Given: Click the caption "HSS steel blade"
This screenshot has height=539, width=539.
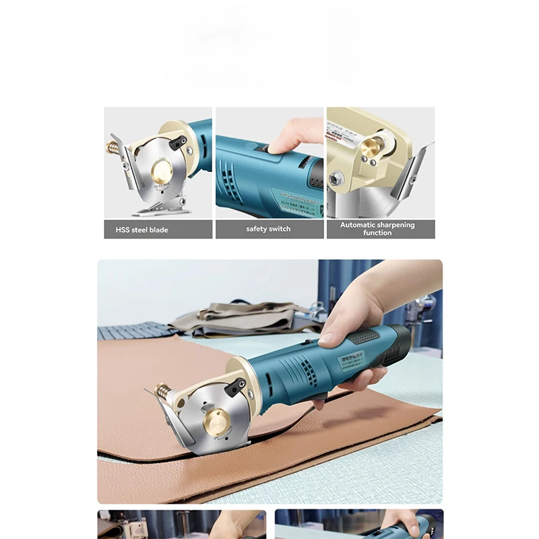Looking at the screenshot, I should [141, 230].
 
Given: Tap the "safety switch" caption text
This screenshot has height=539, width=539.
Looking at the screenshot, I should [268, 229].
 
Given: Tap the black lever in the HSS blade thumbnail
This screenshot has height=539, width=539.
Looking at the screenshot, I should [178, 142].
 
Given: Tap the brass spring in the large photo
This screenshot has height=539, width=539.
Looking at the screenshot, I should [162, 391].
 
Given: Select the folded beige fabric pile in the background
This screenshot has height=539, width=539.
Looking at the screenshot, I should [243, 318].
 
